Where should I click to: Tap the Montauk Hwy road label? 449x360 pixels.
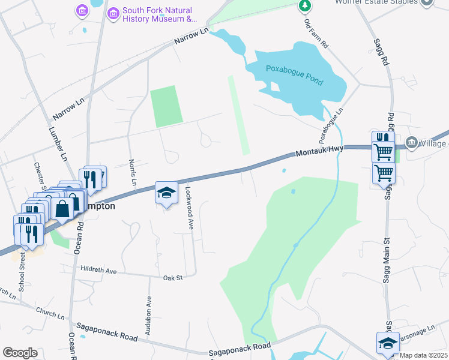click(314, 154)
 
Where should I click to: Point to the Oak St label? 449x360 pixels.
click(172, 277)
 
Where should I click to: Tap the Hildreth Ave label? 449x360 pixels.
click(98, 271)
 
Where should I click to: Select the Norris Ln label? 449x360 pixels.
click(133, 172)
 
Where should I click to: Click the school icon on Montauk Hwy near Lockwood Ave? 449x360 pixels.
click(166, 193)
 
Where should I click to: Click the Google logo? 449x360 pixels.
click(20, 352)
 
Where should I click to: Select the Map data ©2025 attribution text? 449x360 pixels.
click(423, 355)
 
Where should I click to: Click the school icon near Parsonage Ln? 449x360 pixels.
click(387, 343)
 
